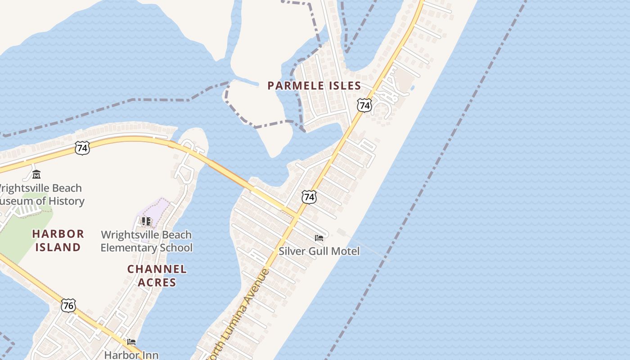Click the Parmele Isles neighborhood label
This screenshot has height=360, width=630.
(x=314, y=85)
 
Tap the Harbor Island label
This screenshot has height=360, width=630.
(x=58, y=240)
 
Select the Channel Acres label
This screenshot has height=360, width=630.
(x=157, y=275)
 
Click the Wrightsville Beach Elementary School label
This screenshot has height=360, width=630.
(x=146, y=241)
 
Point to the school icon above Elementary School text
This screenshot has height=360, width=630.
(x=146, y=221)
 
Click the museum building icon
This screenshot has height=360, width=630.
(x=36, y=175)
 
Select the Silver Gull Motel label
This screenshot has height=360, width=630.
(x=319, y=251)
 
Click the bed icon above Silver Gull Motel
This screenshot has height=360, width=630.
(x=319, y=238)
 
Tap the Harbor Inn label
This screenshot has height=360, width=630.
(x=131, y=355)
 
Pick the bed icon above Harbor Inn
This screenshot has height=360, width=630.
(x=131, y=342)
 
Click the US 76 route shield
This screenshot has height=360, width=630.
(x=68, y=306)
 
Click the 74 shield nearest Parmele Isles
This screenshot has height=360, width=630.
(x=364, y=105)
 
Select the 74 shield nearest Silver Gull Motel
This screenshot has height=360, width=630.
(x=309, y=197)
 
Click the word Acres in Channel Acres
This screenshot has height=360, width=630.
(x=157, y=282)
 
